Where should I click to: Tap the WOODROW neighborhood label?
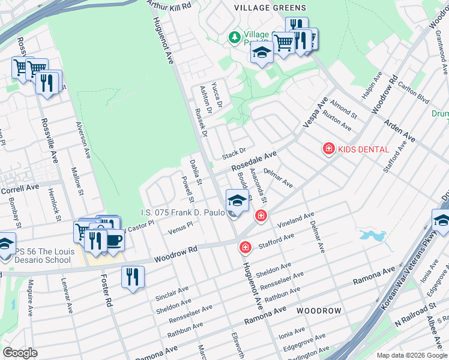319,311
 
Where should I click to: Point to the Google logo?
20,353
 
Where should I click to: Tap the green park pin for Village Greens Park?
234,38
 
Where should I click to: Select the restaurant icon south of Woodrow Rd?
132,277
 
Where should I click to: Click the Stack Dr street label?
234,154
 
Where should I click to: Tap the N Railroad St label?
415,323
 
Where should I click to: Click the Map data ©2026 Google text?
411,355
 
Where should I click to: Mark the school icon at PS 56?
6,244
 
